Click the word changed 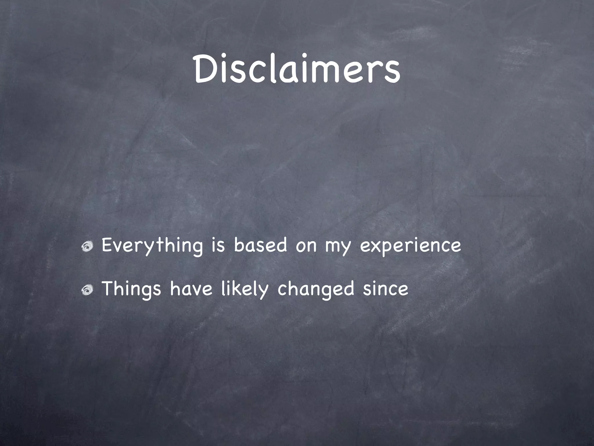click(316, 289)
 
